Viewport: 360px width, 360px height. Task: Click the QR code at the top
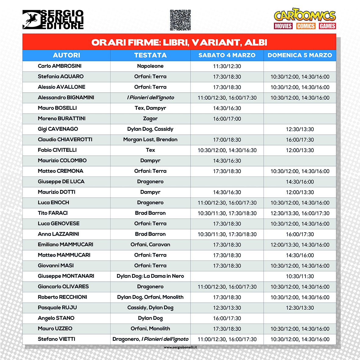(x=180, y=20)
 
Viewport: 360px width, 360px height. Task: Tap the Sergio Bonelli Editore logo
(x=53, y=20)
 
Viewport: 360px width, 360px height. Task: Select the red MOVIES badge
(x=283, y=26)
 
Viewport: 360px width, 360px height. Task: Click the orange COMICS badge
(x=305, y=26)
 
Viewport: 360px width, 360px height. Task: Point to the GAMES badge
(x=327, y=26)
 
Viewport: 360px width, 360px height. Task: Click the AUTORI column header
(x=66, y=55)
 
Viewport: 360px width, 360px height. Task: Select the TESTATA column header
(x=150, y=55)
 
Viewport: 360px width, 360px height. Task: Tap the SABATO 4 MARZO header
(x=227, y=55)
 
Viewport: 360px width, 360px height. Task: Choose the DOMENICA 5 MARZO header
(x=300, y=55)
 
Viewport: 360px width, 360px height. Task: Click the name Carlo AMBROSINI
(x=59, y=66)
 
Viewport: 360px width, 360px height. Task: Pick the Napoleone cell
(x=150, y=66)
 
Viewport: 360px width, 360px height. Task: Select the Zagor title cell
(x=150, y=119)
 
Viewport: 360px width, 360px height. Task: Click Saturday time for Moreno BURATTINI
(x=227, y=119)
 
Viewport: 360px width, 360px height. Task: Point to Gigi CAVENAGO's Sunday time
(x=300, y=129)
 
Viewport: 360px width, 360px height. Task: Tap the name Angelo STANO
(x=56, y=318)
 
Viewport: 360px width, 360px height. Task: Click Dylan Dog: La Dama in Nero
(x=150, y=276)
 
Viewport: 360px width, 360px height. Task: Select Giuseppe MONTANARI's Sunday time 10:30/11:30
(x=300, y=276)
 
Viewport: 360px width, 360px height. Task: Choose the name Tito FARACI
(x=53, y=213)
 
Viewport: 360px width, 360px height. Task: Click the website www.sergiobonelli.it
(x=180, y=347)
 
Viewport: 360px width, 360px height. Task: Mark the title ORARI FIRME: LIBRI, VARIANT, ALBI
(x=179, y=42)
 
